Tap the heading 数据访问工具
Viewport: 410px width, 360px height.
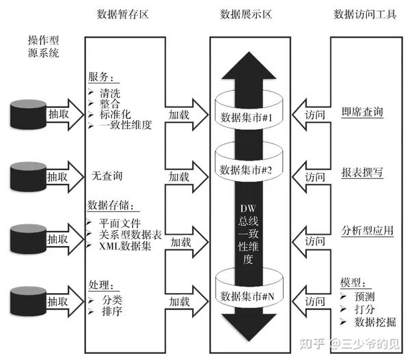(x=365, y=14)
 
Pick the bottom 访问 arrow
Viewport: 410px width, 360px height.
(x=312, y=301)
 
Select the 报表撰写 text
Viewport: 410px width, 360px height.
(x=362, y=174)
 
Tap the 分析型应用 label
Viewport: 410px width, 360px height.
(x=367, y=231)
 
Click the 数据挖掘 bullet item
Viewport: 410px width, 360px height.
(x=372, y=322)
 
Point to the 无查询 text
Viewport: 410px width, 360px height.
(x=107, y=176)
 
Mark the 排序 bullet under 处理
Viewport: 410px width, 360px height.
(x=112, y=311)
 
